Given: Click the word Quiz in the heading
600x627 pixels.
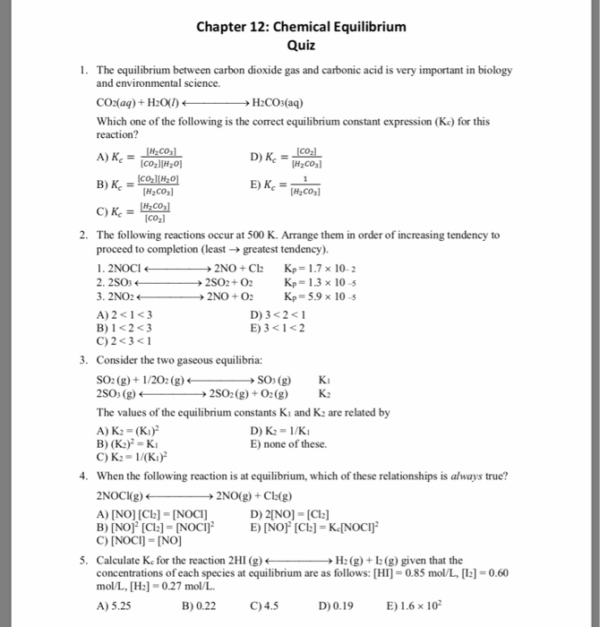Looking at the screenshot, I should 300,45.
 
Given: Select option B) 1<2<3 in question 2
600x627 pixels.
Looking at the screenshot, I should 124,326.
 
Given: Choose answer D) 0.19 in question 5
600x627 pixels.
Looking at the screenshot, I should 331,605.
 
